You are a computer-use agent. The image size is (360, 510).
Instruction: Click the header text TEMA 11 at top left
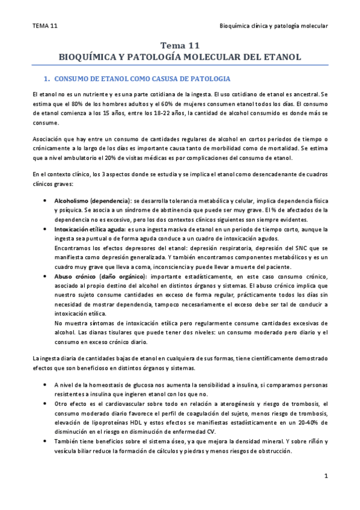[45, 26]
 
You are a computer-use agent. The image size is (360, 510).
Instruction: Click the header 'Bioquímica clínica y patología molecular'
[274, 26]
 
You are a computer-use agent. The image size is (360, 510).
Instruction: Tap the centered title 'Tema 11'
[180, 46]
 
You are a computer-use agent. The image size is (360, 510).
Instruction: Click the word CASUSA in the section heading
[152, 79]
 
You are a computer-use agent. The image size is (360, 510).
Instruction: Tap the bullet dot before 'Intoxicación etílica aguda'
[47, 230]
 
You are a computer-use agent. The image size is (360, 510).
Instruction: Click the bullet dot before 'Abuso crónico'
[47, 277]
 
